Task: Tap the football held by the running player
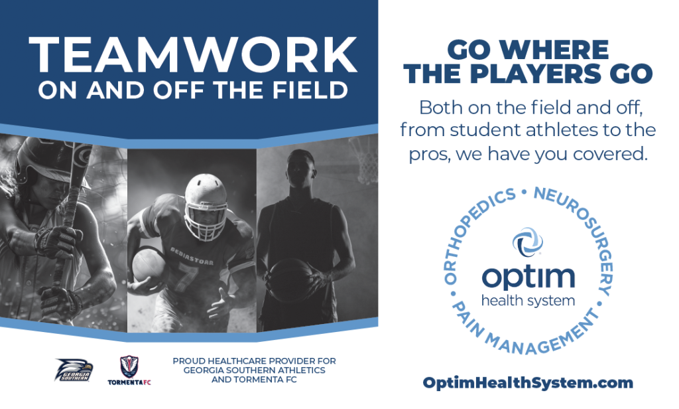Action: coord(148,264)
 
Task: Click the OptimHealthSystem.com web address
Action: coord(528,383)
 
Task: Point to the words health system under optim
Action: coord(529,300)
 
